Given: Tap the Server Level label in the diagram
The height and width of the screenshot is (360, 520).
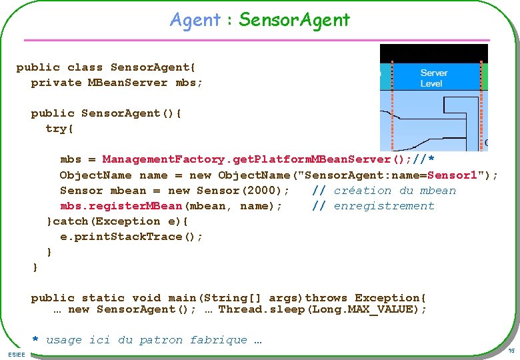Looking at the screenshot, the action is coord(433,78).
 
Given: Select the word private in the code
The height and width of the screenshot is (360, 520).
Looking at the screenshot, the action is coord(56,83).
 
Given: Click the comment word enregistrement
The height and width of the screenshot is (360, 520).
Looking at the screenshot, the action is coord(384,206).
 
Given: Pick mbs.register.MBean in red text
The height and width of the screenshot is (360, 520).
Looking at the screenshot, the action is coord(121,206).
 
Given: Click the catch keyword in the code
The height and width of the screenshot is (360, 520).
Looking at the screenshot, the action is coord(73,221).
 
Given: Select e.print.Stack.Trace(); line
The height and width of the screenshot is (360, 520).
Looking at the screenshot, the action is coord(131,237).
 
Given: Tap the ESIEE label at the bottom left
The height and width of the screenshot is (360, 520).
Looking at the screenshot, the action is coord(16,354).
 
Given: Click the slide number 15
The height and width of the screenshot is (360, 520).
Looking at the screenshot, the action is coord(511,351).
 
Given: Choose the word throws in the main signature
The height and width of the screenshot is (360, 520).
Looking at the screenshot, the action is coord(326,297).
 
